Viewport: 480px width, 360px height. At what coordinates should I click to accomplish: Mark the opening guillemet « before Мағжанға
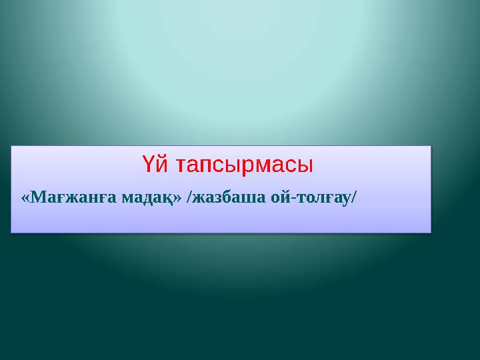click(25, 198)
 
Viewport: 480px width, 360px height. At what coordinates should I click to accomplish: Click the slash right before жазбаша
click(191, 197)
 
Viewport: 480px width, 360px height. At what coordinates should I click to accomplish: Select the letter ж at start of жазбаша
click(199, 198)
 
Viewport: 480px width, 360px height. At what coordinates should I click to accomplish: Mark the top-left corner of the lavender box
click(11, 147)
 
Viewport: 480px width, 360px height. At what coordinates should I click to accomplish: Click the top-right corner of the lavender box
click(431, 147)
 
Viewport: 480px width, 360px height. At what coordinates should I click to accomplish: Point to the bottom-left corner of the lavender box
click(11, 232)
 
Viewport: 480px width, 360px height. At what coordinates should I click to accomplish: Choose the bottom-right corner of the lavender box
click(431, 232)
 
